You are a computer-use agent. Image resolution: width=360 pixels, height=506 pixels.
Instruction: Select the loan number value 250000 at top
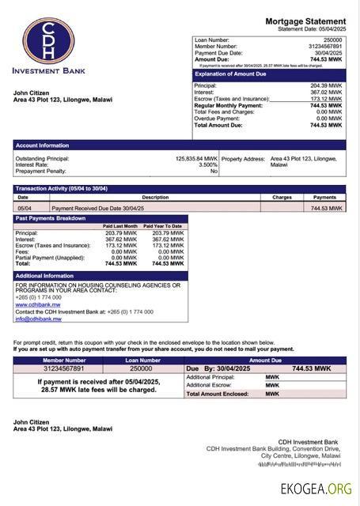click(x=332, y=40)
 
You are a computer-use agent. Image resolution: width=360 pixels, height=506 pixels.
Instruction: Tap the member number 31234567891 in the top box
click(x=324, y=46)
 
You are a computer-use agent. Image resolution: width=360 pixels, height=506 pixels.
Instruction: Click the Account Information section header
click(x=43, y=145)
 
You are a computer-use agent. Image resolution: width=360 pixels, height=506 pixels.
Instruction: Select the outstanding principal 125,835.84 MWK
click(x=195, y=158)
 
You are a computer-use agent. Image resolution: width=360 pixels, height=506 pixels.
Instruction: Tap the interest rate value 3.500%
click(x=207, y=164)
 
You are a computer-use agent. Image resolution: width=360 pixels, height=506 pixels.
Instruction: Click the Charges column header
click(x=282, y=197)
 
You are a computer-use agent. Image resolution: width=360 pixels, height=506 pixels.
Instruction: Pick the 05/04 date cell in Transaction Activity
click(x=24, y=208)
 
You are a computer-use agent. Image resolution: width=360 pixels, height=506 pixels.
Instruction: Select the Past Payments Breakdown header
click(x=51, y=218)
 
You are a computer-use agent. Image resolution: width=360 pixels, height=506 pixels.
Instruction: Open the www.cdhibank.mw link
click(x=32, y=304)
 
